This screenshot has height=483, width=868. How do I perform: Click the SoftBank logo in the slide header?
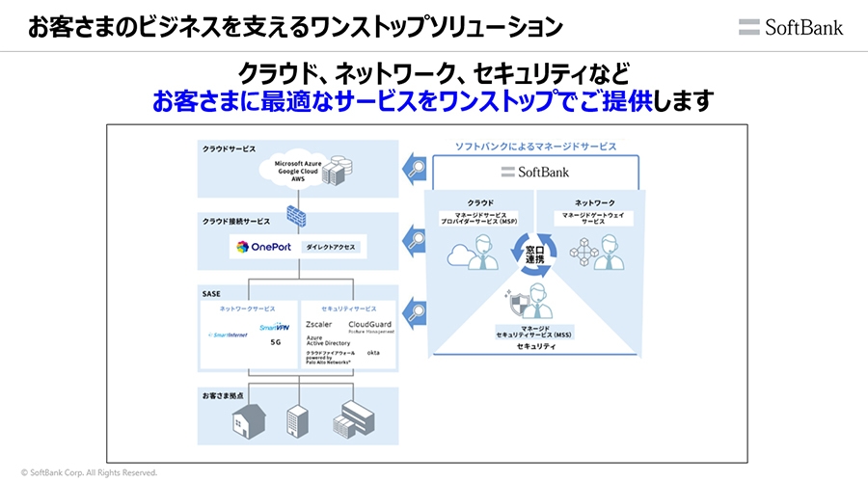pyautogui.click(x=791, y=27)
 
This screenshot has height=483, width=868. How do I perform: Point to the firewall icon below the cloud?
pyautogui.click(x=297, y=214)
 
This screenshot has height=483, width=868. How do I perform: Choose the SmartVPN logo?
pyautogui.click(x=275, y=328)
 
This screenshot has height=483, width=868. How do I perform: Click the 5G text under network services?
pyautogui.click(x=275, y=342)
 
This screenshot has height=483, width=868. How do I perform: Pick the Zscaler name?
pyautogui.click(x=319, y=325)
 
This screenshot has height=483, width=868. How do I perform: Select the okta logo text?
pyautogui.click(x=373, y=354)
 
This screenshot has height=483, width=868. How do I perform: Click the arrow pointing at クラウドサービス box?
pyautogui.click(x=414, y=167)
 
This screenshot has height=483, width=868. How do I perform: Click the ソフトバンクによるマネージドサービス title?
pyautogui.click(x=535, y=147)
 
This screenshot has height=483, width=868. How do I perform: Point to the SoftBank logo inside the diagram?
pyautogui.click(x=535, y=172)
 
